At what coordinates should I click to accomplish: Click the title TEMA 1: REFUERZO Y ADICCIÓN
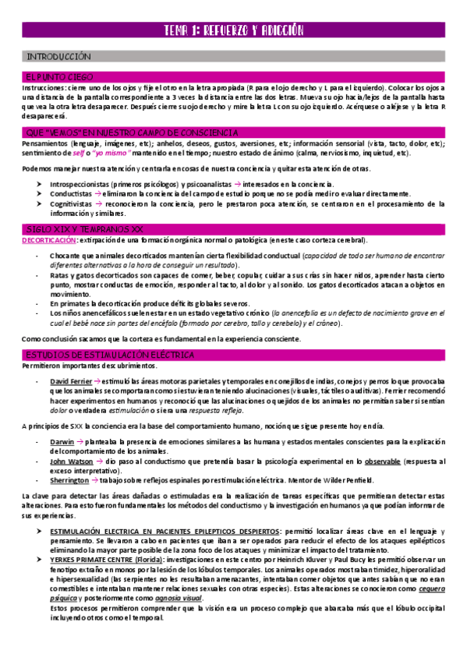[x=233, y=31]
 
